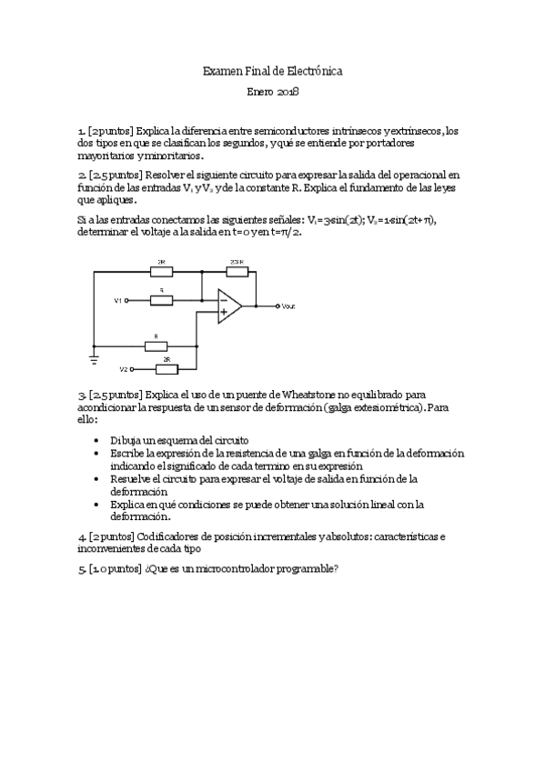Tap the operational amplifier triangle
pos(228,305)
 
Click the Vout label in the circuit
pos(288,305)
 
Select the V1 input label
pos(117,299)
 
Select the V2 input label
pos(124,369)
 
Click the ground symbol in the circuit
pos(94,359)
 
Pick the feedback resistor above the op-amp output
pos(237,270)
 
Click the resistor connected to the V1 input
pos(162,299)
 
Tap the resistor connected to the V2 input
pos(167,368)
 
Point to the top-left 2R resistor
pos(161,270)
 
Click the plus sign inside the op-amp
pos(223,313)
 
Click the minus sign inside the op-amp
pos(223,298)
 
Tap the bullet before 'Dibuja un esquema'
pos(98,439)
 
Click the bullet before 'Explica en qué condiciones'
pos(98,504)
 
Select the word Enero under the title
pos(261,92)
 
